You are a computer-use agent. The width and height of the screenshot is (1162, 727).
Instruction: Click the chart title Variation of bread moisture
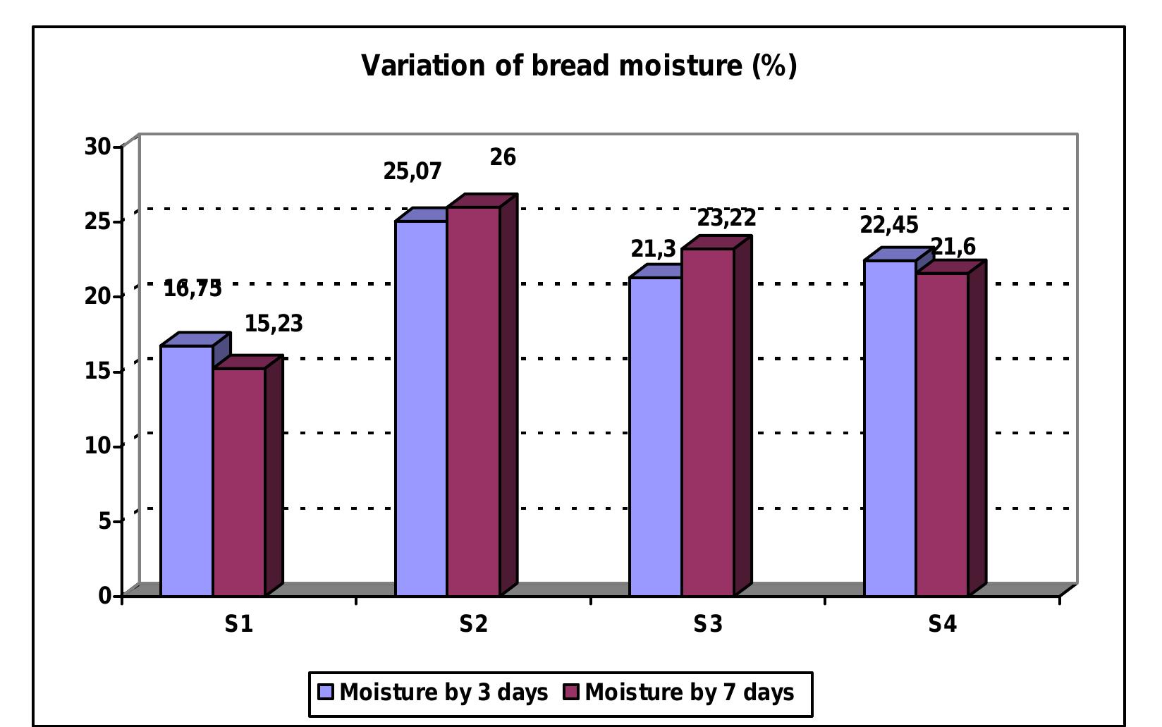pos(579,66)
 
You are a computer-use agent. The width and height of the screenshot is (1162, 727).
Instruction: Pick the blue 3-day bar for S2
pos(421,408)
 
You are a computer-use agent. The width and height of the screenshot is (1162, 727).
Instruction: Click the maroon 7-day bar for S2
pos(473,401)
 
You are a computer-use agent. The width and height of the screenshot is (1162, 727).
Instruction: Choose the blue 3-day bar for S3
pos(655,436)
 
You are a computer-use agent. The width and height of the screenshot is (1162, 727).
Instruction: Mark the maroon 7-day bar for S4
pos(941,434)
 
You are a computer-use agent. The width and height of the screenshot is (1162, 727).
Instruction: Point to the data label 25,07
pos(412,171)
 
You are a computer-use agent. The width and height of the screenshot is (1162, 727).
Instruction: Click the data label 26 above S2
pos(503,157)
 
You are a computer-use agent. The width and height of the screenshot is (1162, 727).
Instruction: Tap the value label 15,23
pos(274,324)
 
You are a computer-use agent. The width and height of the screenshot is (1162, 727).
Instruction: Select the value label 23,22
pos(726,218)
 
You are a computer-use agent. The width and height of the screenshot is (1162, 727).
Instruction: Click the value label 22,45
pos(889,225)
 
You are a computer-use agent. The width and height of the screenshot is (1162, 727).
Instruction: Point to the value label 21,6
pos(953,247)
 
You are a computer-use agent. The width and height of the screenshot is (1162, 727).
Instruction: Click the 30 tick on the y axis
pos(97,147)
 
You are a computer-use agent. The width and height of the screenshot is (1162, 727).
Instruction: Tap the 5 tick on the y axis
pos(104,521)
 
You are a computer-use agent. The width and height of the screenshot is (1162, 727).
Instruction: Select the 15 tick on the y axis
pos(97,371)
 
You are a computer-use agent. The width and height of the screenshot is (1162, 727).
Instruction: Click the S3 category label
pos(708,624)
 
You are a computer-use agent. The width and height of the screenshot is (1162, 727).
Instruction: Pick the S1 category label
pos(239,624)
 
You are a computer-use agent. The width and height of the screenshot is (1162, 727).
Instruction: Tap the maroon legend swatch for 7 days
pos(571,692)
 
